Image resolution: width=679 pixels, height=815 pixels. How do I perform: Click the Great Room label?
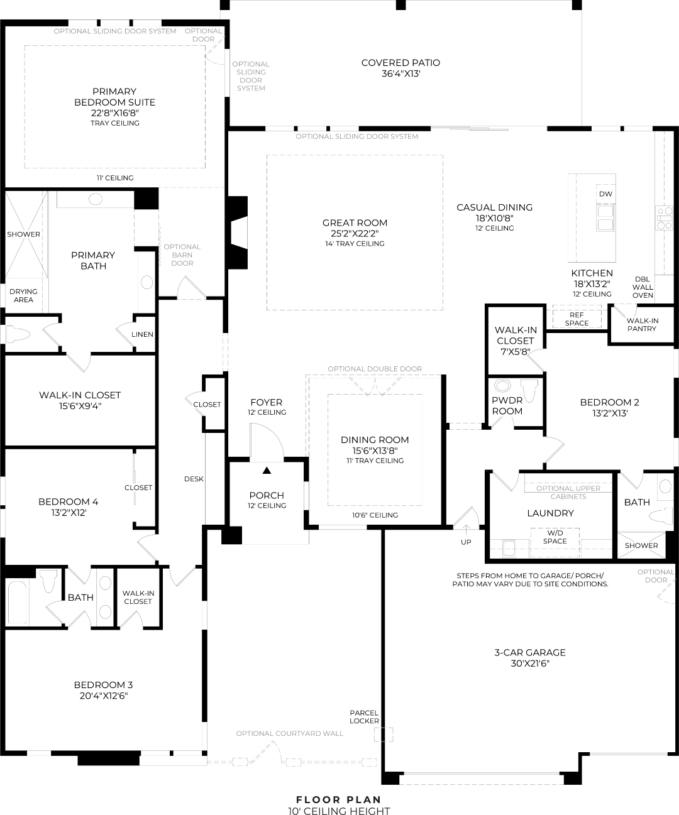[355, 223]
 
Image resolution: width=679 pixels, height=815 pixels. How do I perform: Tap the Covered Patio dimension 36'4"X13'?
[400, 74]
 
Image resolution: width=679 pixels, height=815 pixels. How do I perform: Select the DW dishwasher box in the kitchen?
[605, 194]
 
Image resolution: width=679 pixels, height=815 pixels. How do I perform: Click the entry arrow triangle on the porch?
[267, 471]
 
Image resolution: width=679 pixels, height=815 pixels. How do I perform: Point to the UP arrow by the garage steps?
[466, 529]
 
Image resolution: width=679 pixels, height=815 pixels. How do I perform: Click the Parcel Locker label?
[364, 716]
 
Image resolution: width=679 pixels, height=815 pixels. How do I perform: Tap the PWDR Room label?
[507, 405]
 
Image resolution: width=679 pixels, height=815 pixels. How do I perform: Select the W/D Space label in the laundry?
[555, 537]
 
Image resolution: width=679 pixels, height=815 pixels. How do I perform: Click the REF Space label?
[577, 319]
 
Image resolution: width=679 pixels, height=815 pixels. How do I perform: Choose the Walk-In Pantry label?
[643, 324]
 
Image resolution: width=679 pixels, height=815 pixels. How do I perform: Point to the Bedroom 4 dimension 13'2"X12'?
[69, 513]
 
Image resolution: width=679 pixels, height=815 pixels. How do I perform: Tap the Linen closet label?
[142, 334]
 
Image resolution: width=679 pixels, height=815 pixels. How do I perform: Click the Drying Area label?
[23, 295]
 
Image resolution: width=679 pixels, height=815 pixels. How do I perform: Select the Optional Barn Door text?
[182, 255]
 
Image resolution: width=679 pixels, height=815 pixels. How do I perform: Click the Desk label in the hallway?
[194, 479]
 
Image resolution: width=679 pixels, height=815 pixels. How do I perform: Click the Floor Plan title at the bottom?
[339, 800]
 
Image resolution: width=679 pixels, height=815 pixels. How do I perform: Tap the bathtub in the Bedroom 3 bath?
[17, 603]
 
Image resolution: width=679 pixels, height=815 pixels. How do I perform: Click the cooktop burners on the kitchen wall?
[664, 218]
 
